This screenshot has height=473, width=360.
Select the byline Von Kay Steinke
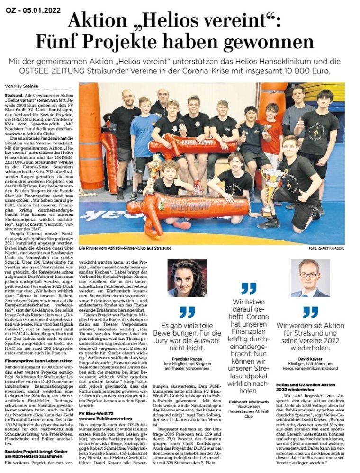tap(22, 86)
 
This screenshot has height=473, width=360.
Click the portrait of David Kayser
tap(310, 278)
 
